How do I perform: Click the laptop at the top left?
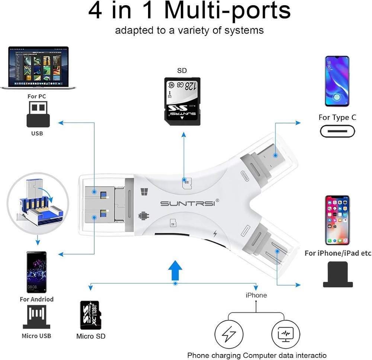pyautogui.click(x=38, y=67)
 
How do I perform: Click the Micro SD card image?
pyautogui.click(x=91, y=315)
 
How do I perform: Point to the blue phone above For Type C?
pyautogui.click(x=337, y=81)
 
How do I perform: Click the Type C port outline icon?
pyautogui.click(x=337, y=131)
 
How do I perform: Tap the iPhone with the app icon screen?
pyautogui.click(x=337, y=221)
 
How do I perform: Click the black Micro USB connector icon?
pyautogui.click(x=36, y=317)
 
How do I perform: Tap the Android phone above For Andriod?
pyautogui.click(x=36, y=272)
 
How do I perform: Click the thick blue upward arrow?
pyautogui.click(x=175, y=270)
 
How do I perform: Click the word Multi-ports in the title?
pyautogui.click(x=228, y=11)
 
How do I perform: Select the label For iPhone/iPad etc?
pyautogui.click(x=338, y=253)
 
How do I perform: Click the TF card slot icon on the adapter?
pyautogui.click(x=173, y=223)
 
